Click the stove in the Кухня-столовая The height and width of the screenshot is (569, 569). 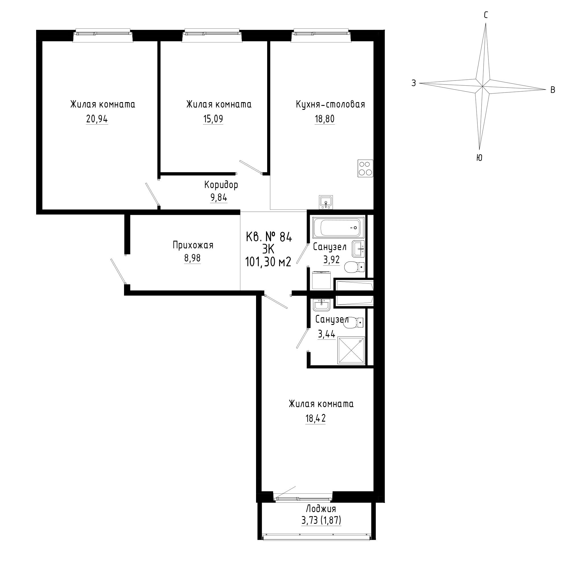365,168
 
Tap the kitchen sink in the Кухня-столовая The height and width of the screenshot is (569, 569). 326,202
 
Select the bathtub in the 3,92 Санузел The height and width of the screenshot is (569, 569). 339,227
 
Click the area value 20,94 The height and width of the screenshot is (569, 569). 97,119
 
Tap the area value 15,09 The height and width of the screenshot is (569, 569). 213,119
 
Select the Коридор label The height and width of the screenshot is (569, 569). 221,185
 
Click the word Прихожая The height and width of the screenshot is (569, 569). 193,245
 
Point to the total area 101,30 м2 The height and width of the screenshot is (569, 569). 268,261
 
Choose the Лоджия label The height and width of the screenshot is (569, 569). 321,509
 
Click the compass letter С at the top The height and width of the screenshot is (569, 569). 486,15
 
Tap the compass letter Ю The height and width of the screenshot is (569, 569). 479,158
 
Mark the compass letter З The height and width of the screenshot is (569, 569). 414,83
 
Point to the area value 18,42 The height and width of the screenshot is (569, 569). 316,418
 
